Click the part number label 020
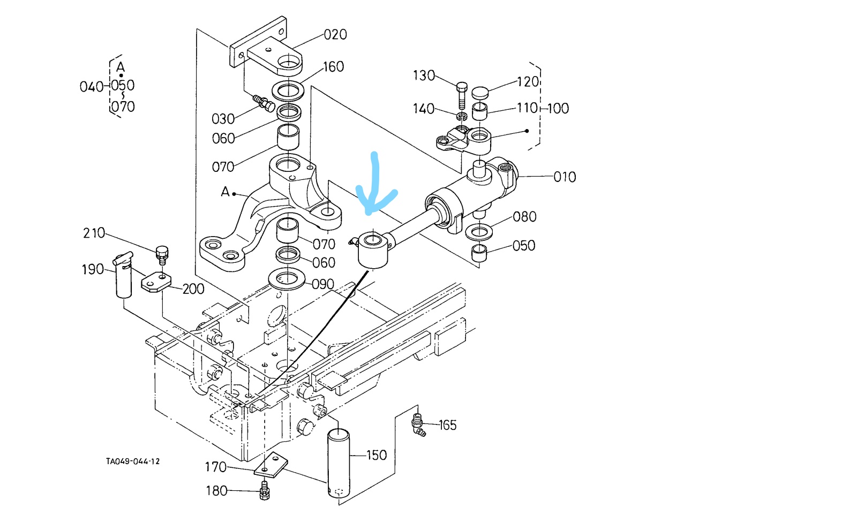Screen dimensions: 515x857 coord(335,35)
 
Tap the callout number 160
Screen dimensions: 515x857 coord(333,67)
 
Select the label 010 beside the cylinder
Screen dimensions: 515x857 coord(565,177)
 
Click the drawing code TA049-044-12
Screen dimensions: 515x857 coord(133,461)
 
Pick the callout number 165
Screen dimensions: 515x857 coord(447,426)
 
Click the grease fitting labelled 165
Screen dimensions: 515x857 coord(418,424)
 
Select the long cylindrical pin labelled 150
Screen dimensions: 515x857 coord(339,463)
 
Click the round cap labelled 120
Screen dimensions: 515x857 coord(480,93)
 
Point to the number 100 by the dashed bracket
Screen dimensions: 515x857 coord(558,109)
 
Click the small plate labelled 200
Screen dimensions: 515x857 coord(156,282)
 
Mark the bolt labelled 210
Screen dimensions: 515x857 coord(162,254)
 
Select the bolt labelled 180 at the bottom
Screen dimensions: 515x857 coord(264,491)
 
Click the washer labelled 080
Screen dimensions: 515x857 coord(479,232)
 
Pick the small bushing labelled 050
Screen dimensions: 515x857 coord(479,252)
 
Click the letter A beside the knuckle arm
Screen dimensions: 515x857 coord(225,192)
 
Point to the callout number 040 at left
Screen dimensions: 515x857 coord(91,87)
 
